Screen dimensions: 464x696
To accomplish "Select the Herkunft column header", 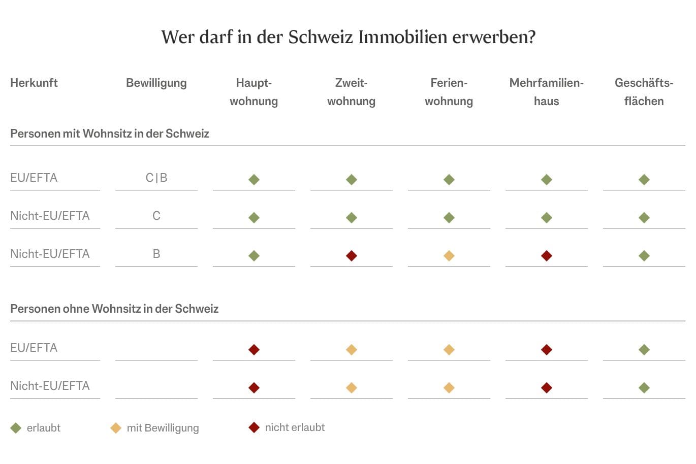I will click(x=34, y=83).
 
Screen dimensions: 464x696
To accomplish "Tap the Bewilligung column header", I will click(x=156, y=83).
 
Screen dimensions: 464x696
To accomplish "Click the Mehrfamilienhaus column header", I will click(x=546, y=92).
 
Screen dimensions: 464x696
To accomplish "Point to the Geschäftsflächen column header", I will click(x=644, y=92).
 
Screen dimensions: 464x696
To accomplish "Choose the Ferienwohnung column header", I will click(x=449, y=92).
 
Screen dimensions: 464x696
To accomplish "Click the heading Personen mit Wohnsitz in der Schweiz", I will click(x=110, y=134).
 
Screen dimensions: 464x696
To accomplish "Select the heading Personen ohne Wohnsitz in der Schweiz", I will click(x=114, y=309).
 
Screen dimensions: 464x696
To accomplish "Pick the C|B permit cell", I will click(x=156, y=178).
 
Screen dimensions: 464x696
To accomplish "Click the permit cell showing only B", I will click(x=156, y=254).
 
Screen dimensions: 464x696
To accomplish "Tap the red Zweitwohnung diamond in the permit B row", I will click(x=351, y=256).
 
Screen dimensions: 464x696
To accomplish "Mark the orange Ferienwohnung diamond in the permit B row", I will click(x=449, y=256).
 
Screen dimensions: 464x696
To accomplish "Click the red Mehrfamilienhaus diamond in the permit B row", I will click(x=546, y=256).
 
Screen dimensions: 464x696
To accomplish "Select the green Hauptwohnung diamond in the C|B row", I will click(x=254, y=180).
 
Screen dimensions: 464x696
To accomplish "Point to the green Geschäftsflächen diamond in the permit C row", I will click(x=644, y=218).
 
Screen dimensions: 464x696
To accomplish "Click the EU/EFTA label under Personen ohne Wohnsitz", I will click(x=34, y=348).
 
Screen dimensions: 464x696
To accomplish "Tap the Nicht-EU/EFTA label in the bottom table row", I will click(x=50, y=386).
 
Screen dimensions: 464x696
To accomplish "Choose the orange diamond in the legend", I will click(x=116, y=428).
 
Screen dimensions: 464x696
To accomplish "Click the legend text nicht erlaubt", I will click(x=295, y=427).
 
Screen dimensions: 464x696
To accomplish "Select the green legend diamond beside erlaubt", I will click(x=16, y=428).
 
